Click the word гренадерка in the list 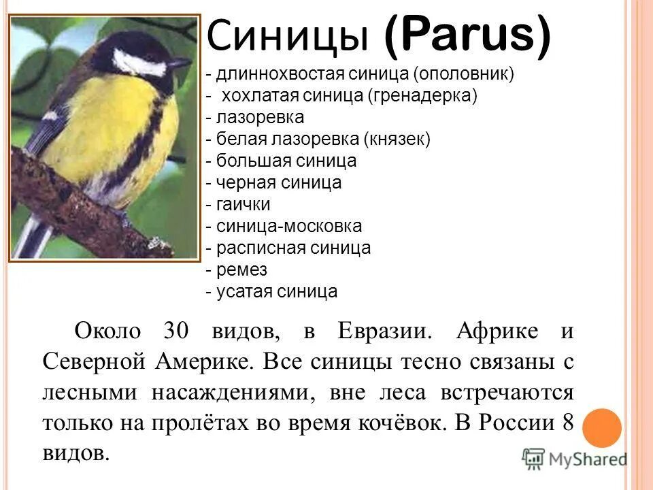tap(422, 96)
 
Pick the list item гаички tap(244, 204)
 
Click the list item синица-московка tap(289, 226)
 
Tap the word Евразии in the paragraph tap(384, 331)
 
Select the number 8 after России tap(568, 423)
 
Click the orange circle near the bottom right tap(601, 427)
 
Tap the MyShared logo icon tap(535, 459)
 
